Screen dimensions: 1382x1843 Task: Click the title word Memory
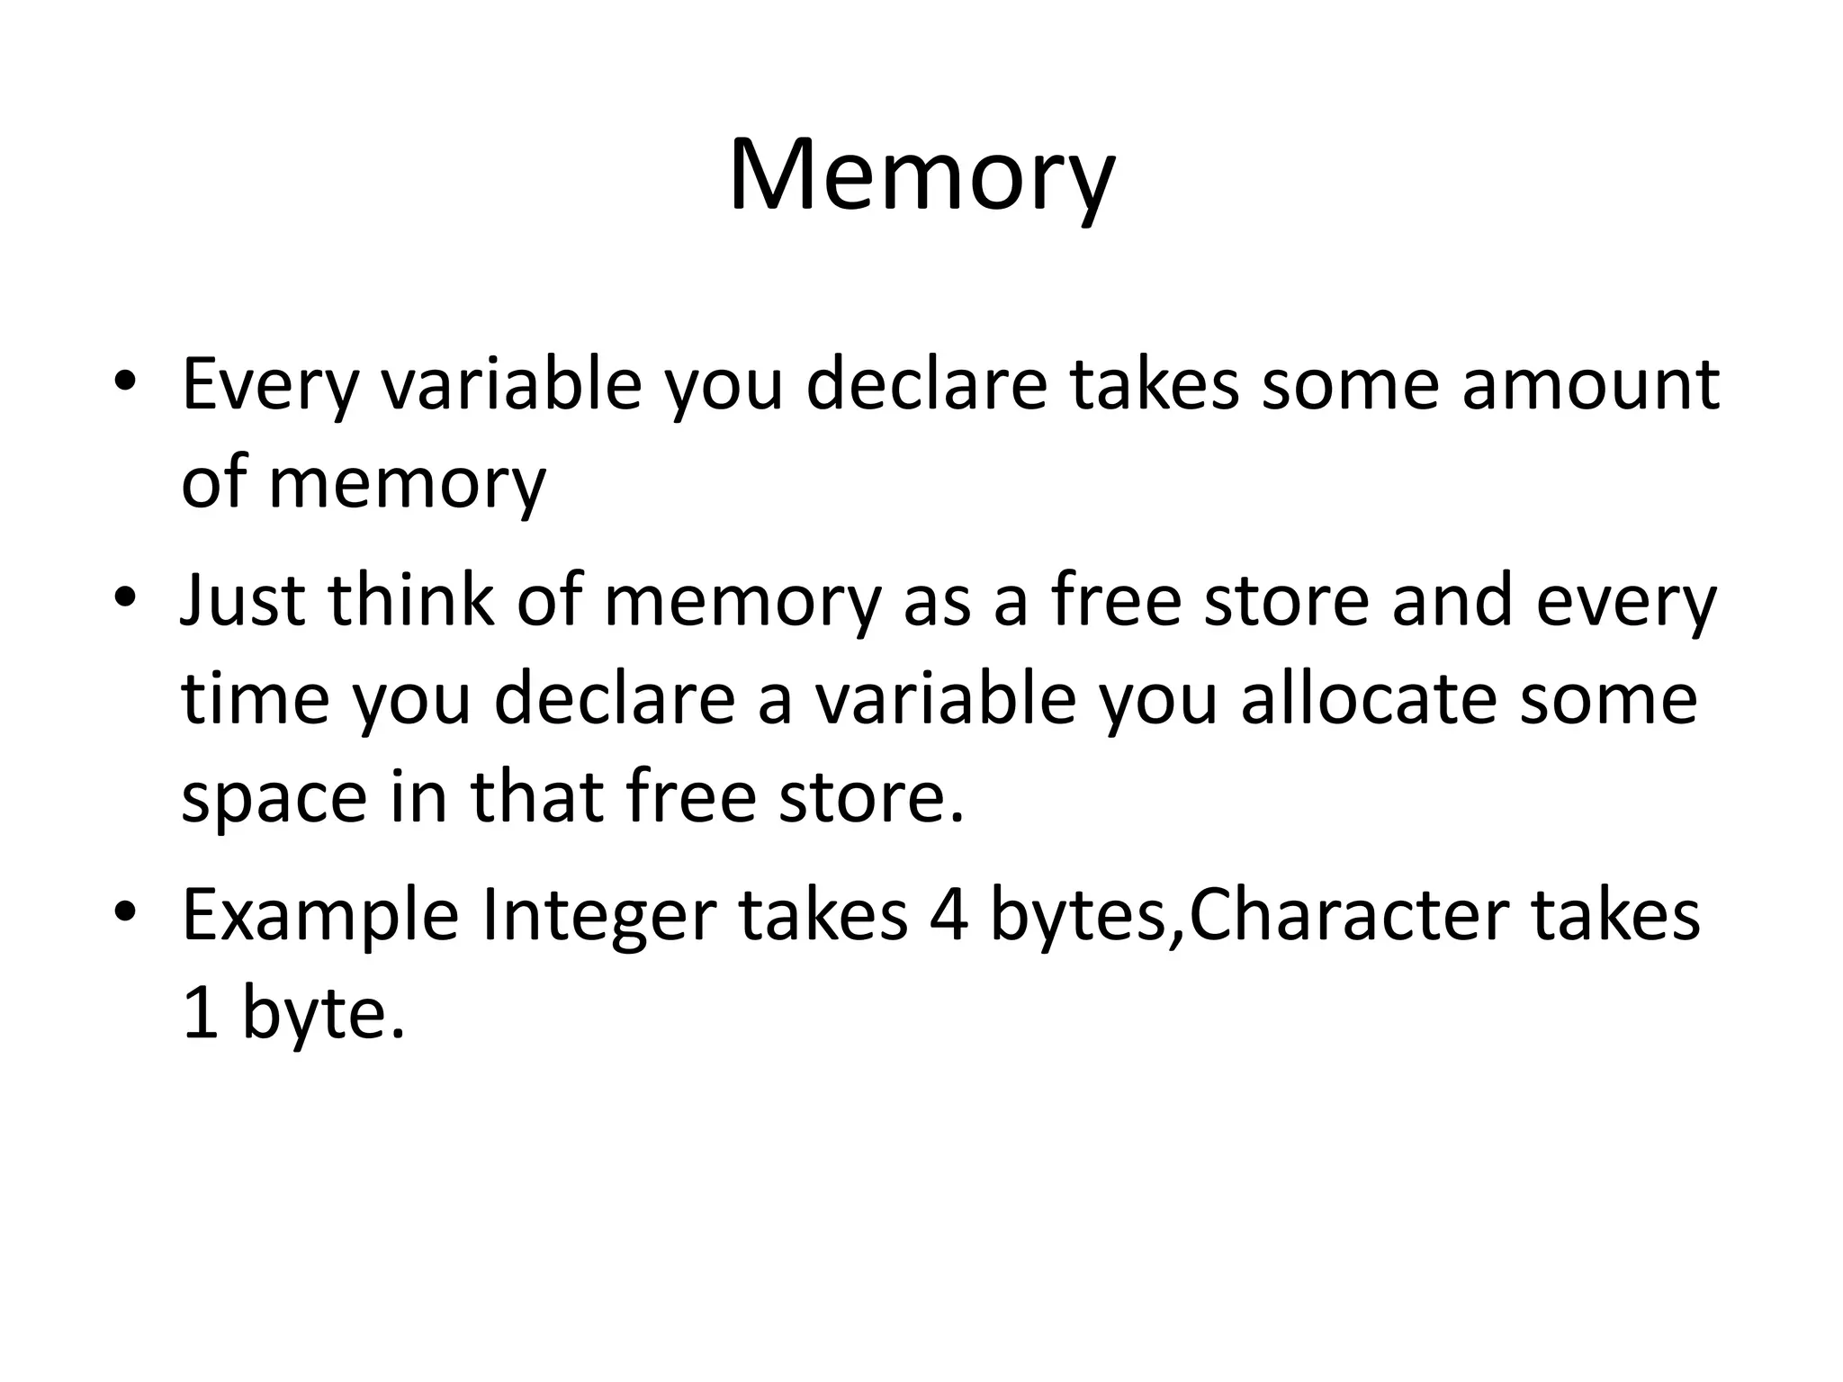pos(921,175)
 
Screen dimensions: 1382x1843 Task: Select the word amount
pos(1590,385)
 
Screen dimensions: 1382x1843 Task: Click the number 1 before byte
pos(200,1013)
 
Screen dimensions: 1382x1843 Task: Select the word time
pos(256,699)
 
